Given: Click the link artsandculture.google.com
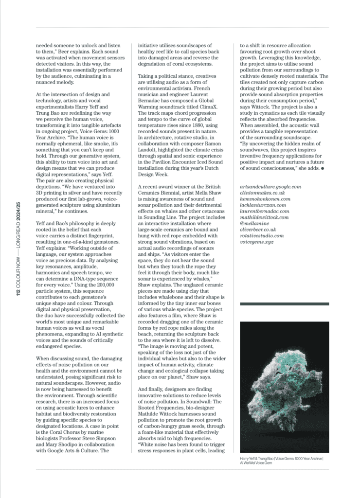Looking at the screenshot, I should point(271,186).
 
